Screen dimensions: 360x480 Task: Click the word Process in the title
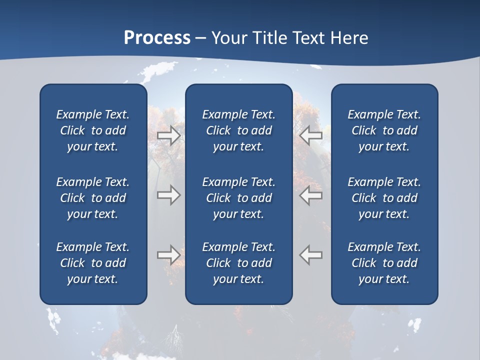(x=157, y=38)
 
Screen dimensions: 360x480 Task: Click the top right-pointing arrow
(x=168, y=135)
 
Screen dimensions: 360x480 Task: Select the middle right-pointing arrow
(x=168, y=195)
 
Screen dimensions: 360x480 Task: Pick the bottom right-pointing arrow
(x=168, y=254)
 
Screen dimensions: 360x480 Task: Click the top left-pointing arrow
(x=310, y=135)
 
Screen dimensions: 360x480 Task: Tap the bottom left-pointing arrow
(x=310, y=254)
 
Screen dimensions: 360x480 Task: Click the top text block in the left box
(x=93, y=130)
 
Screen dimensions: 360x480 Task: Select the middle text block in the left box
(x=93, y=198)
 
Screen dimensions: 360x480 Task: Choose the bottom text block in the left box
(x=93, y=263)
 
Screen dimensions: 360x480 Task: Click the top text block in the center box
(x=238, y=130)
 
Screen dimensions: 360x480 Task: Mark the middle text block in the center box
(x=238, y=198)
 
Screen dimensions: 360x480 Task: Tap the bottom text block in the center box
(x=238, y=263)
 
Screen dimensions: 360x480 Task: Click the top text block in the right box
(x=384, y=130)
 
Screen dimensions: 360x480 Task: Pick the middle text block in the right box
(x=384, y=198)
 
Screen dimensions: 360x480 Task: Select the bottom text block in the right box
(x=384, y=263)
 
